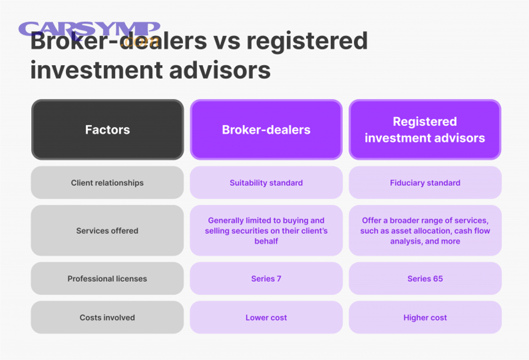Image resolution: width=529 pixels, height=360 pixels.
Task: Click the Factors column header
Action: pyautogui.click(x=108, y=129)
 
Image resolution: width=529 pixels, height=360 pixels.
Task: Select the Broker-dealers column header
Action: pyautogui.click(x=266, y=129)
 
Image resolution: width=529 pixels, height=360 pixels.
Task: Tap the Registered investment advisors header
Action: pyautogui.click(x=425, y=129)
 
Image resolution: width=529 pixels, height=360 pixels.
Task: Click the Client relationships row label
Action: pyautogui.click(x=108, y=183)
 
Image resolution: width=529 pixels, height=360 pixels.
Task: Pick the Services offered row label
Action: pyautogui.click(x=108, y=231)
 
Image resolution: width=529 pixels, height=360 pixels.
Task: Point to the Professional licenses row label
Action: pyautogui.click(x=108, y=279)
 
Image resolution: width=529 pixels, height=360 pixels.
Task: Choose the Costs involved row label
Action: pyautogui.click(x=108, y=318)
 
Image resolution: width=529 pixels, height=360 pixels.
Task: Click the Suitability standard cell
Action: pyautogui.click(x=266, y=183)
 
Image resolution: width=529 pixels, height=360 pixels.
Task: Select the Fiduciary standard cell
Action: pyautogui.click(x=425, y=183)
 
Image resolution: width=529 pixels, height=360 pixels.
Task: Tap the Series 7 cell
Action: pyautogui.click(x=266, y=279)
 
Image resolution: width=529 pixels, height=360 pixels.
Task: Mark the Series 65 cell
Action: pyautogui.click(x=425, y=279)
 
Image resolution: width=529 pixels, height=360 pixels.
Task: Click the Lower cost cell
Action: pyautogui.click(x=266, y=318)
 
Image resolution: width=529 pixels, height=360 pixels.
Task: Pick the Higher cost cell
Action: pyautogui.click(x=425, y=318)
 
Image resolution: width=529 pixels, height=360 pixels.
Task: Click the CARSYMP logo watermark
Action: pyautogui.click(x=89, y=31)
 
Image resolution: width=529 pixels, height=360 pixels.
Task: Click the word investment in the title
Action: pyautogui.click(x=96, y=70)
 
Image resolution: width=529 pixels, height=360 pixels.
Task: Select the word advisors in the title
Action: pyautogui.click(x=220, y=70)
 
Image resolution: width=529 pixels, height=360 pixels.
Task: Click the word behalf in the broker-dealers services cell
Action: pyautogui.click(x=266, y=241)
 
